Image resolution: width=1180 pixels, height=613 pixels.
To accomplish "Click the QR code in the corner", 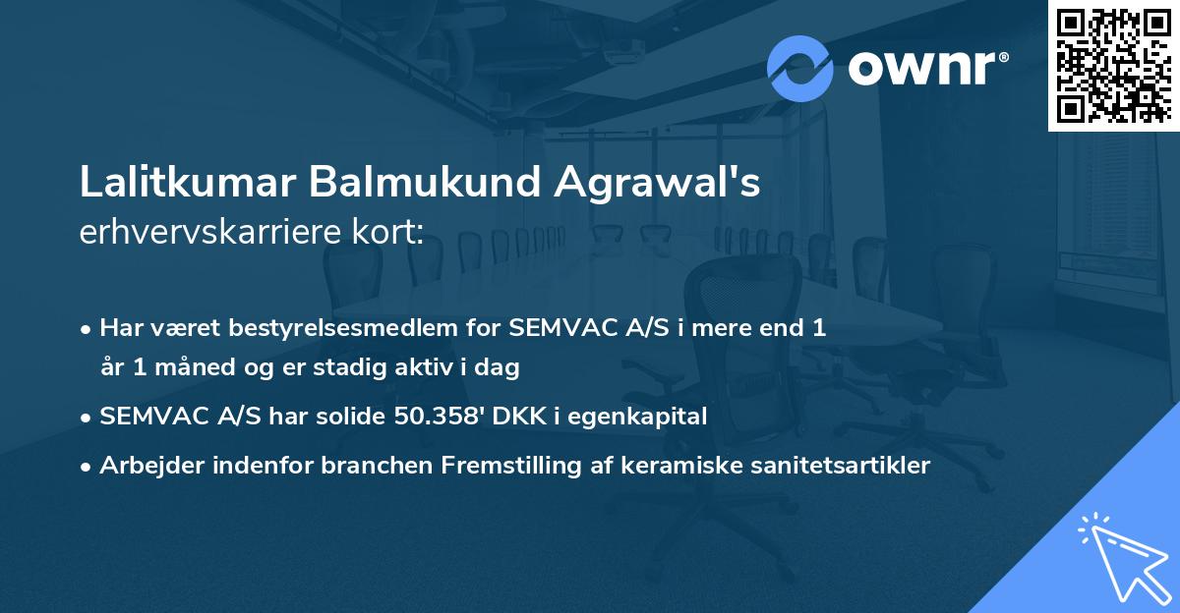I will pyautogui.click(x=1113, y=65).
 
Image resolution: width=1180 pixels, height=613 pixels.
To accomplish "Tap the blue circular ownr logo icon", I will pyautogui.click(x=800, y=68).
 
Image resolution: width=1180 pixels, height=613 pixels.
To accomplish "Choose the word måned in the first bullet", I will pyautogui.click(x=187, y=368).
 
